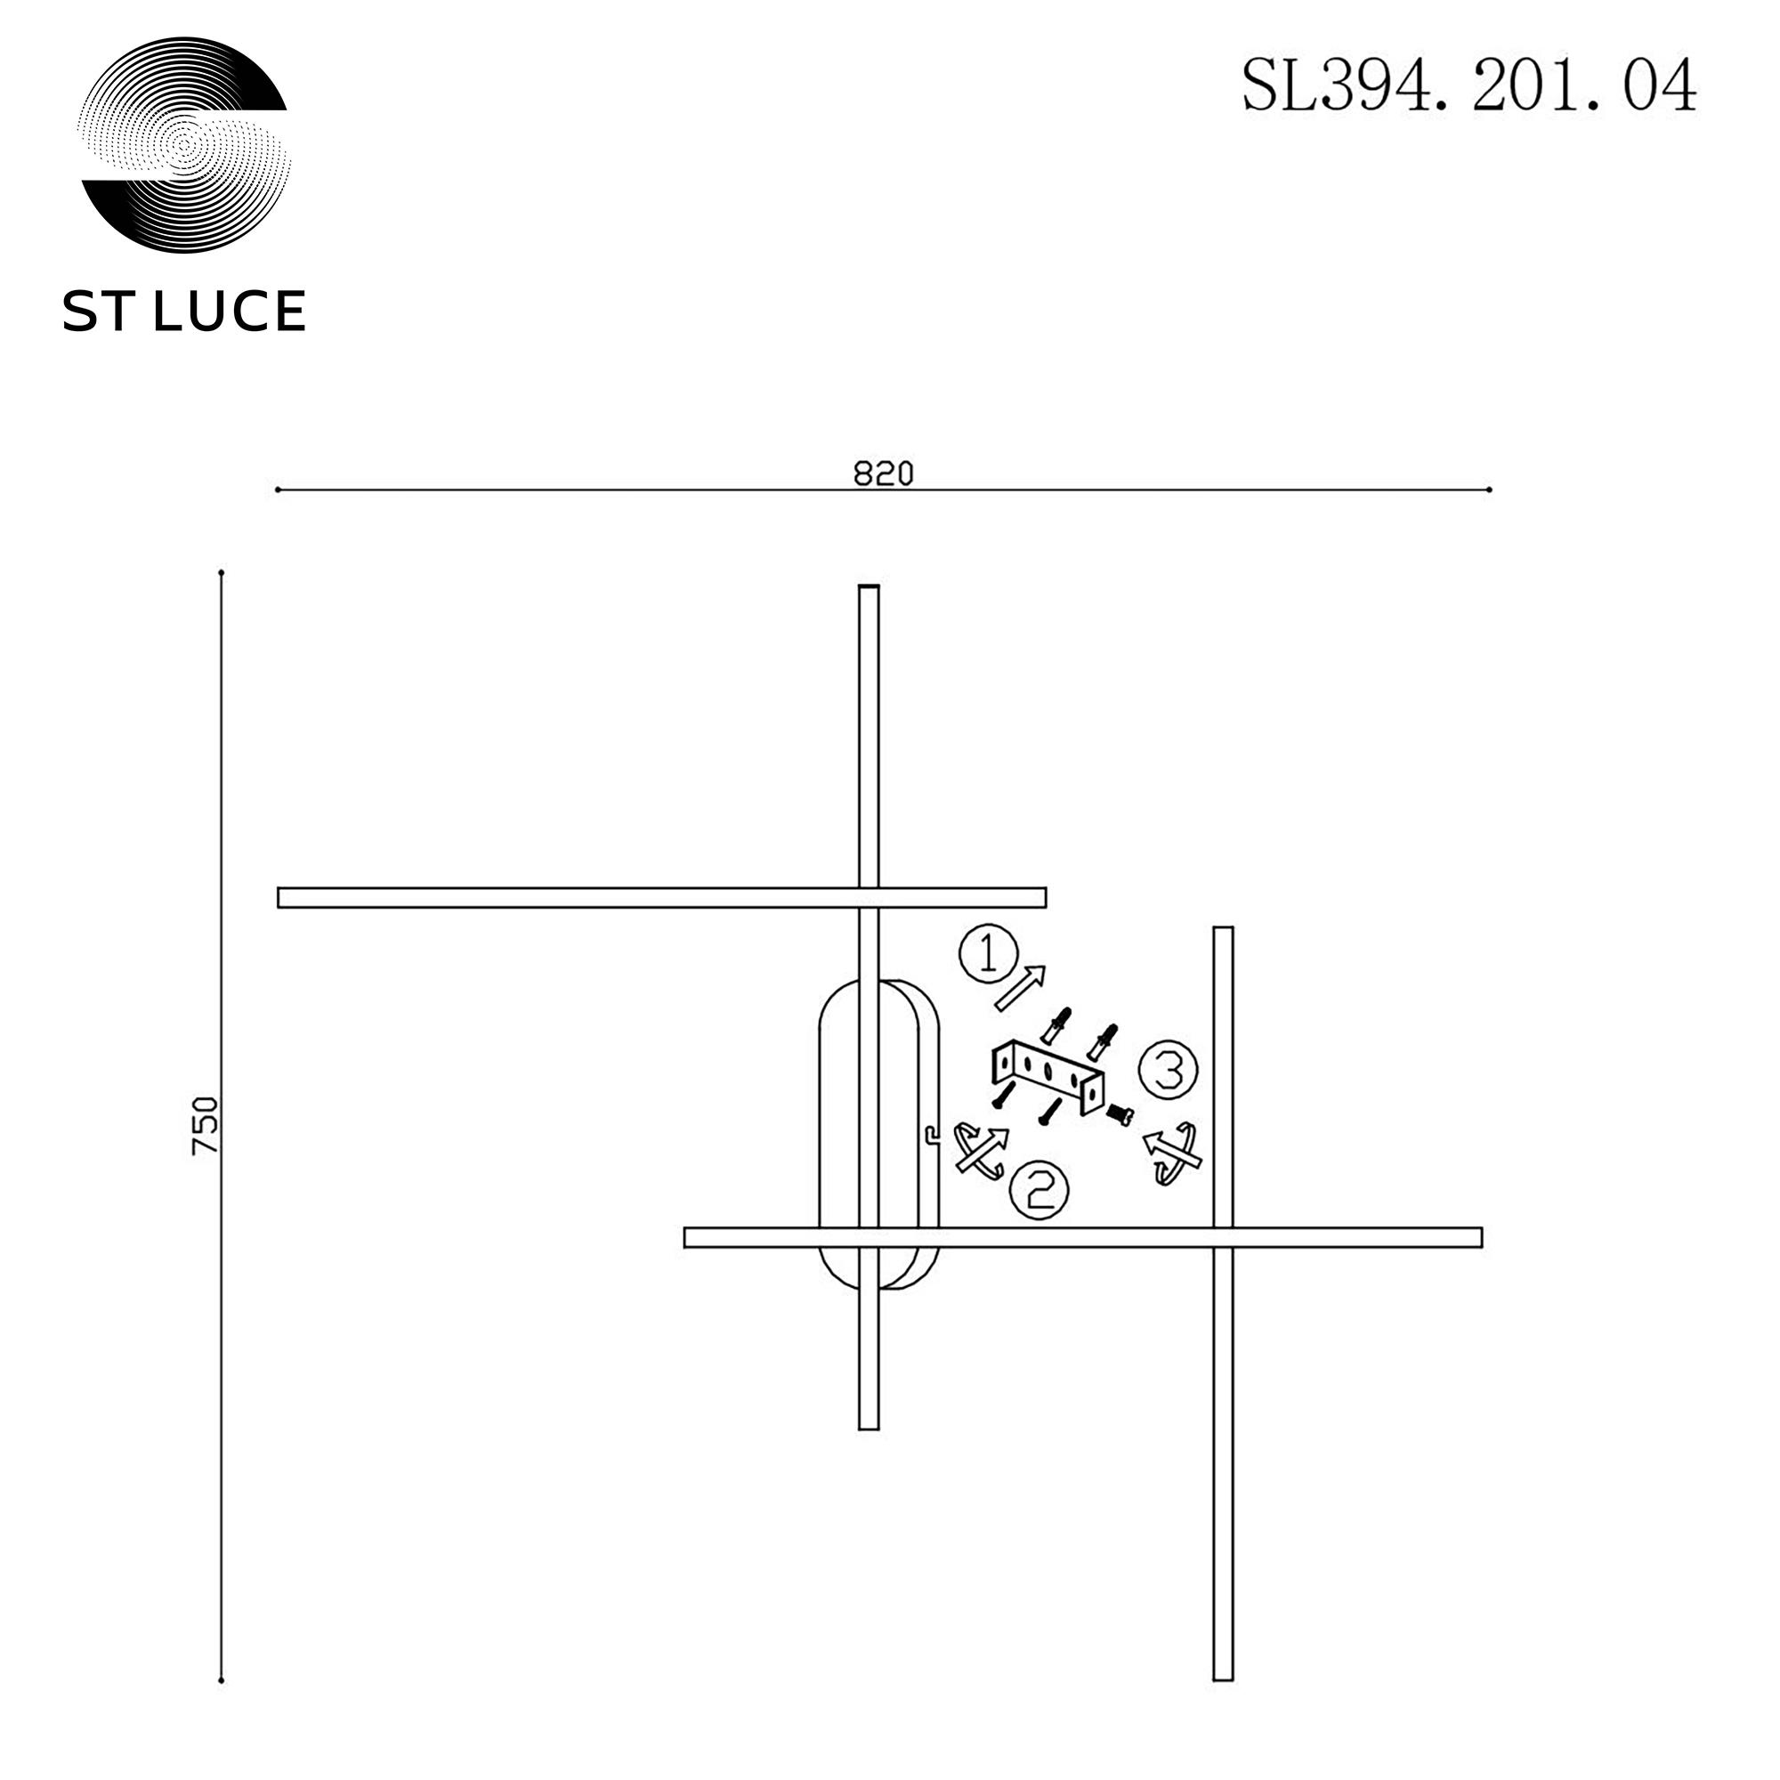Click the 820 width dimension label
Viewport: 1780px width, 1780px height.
884,473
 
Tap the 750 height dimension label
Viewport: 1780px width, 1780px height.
205,1126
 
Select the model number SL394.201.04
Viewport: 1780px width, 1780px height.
1468,85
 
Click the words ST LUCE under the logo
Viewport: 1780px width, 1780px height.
184,311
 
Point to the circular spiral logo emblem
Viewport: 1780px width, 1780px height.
184,145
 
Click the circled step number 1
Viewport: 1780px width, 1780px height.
989,954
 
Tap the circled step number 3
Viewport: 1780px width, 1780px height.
1169,1070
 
